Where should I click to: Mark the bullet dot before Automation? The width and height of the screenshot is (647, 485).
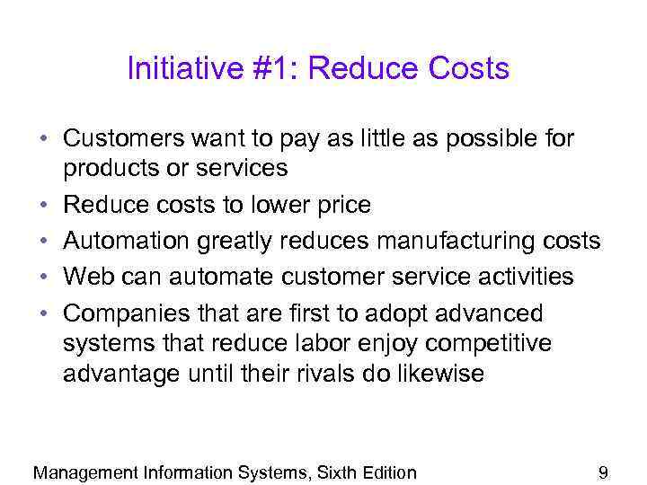pyautogui.click(x=43, y=242)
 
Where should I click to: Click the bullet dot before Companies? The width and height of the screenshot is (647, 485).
pyautogui.click(x=43, y=314)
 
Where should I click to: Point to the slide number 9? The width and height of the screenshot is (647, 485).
pyautogui.click(x=603, y=472)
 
